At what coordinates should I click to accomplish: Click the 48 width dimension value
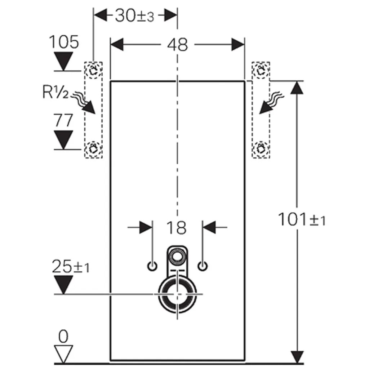178,45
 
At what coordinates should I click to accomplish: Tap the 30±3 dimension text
134,16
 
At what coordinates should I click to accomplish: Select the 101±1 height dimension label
302,219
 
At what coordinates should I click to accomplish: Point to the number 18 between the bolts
177,228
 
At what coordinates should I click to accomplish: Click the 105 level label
64,43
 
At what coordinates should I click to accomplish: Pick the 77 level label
63,121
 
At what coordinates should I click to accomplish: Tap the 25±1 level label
71,267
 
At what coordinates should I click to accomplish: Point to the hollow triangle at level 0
63,354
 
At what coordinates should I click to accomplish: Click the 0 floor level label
63,337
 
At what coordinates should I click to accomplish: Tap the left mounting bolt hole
152,266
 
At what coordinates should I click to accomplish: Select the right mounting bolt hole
203,266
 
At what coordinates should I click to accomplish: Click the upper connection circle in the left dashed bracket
93,70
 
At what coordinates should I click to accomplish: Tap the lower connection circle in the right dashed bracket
260,148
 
